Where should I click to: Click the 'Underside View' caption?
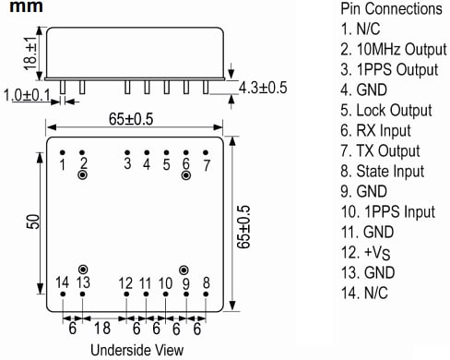(x=136, y=349)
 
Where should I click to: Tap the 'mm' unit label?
(x=19, y=8)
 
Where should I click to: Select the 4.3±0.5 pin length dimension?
(x=264, y=88)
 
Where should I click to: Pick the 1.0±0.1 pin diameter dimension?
(x=28, y=95)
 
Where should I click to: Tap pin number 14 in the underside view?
(x=63, y=282)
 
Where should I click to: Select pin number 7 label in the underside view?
(x=207, y=165)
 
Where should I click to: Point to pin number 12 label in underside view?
(x=126, y=282)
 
